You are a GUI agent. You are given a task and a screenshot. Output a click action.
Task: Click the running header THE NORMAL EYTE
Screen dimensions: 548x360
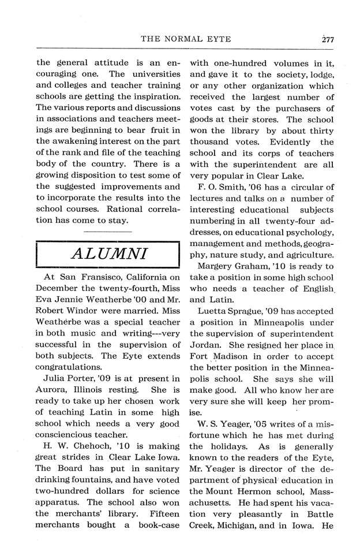point(185,39)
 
